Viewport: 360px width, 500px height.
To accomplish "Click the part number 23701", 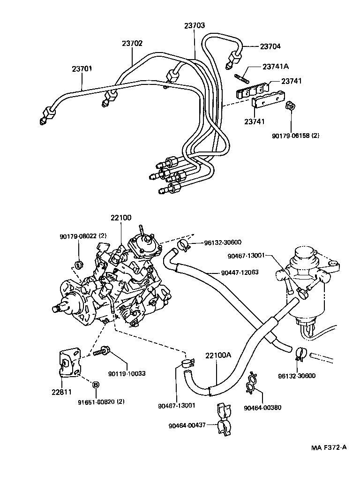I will pos(82,68).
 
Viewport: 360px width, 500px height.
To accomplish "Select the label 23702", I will pos(132,43).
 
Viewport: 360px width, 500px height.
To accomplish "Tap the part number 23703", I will pos(195,26).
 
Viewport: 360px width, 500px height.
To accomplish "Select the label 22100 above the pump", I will pos(121,218).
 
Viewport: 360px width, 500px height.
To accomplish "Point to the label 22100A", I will pos(218,355).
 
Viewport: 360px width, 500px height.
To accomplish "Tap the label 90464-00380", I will pos(262,408).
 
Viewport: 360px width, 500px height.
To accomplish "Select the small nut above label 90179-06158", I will pos(290,106).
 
